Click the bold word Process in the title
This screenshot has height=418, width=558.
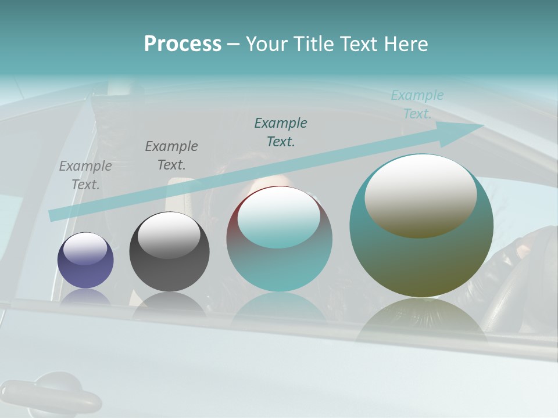pos(183,44)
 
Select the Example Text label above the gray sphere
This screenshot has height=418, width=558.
pos(171,156)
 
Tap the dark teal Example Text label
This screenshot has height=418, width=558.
pos(281,132)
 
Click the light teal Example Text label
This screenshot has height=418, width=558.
pos(417,105)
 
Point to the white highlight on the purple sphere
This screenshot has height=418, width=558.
pos(85,248)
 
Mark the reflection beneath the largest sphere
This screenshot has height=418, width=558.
pos(421,319)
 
